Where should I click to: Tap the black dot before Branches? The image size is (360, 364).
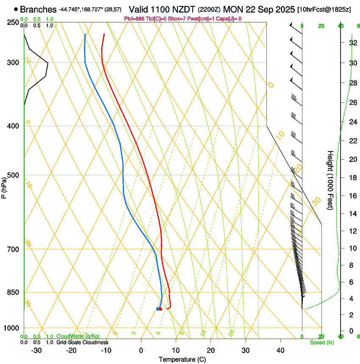tap(16, 9)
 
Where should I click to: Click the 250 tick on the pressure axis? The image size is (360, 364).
tap(12, 22)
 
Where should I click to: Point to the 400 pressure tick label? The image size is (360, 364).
tap(12, 126)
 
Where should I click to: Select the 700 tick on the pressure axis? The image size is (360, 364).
tap(12, 249)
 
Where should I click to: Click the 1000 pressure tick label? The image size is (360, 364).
tap(11, 328)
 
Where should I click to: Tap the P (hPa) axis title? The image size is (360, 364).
tap(4, 186)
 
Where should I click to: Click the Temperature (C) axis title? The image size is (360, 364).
tap(182, 360)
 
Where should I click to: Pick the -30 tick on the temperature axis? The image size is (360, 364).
tap(36, 350)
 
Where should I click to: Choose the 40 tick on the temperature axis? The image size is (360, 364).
tap(280, 350)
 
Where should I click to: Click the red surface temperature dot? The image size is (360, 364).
tap(161, 309)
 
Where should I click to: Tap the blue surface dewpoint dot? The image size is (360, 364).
tap(158, 309)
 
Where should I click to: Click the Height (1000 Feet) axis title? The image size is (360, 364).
tap(330, 180)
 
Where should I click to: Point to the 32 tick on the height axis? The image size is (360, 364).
tap(352, 43)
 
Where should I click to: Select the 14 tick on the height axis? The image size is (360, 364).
tap(352, 214)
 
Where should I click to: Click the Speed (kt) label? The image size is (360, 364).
tap(321, 342)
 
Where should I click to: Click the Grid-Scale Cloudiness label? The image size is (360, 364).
tap(82, 342)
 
